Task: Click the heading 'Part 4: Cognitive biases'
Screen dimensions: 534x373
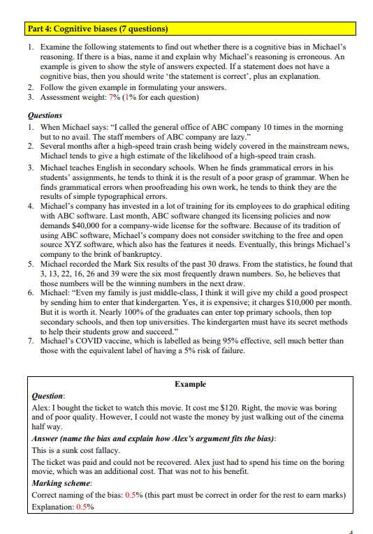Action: point(97,29)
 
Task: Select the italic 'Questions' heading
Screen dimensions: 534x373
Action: point(45,115)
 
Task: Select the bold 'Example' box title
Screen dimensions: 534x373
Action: point(189,385)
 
